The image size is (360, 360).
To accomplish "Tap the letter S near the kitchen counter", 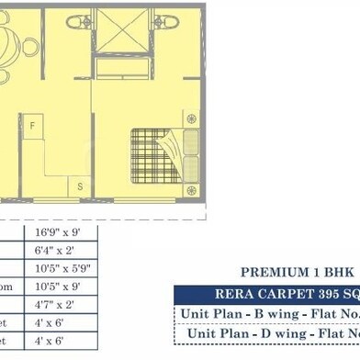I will coord(80,186).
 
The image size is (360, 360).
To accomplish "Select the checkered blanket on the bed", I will coord(153,153).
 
